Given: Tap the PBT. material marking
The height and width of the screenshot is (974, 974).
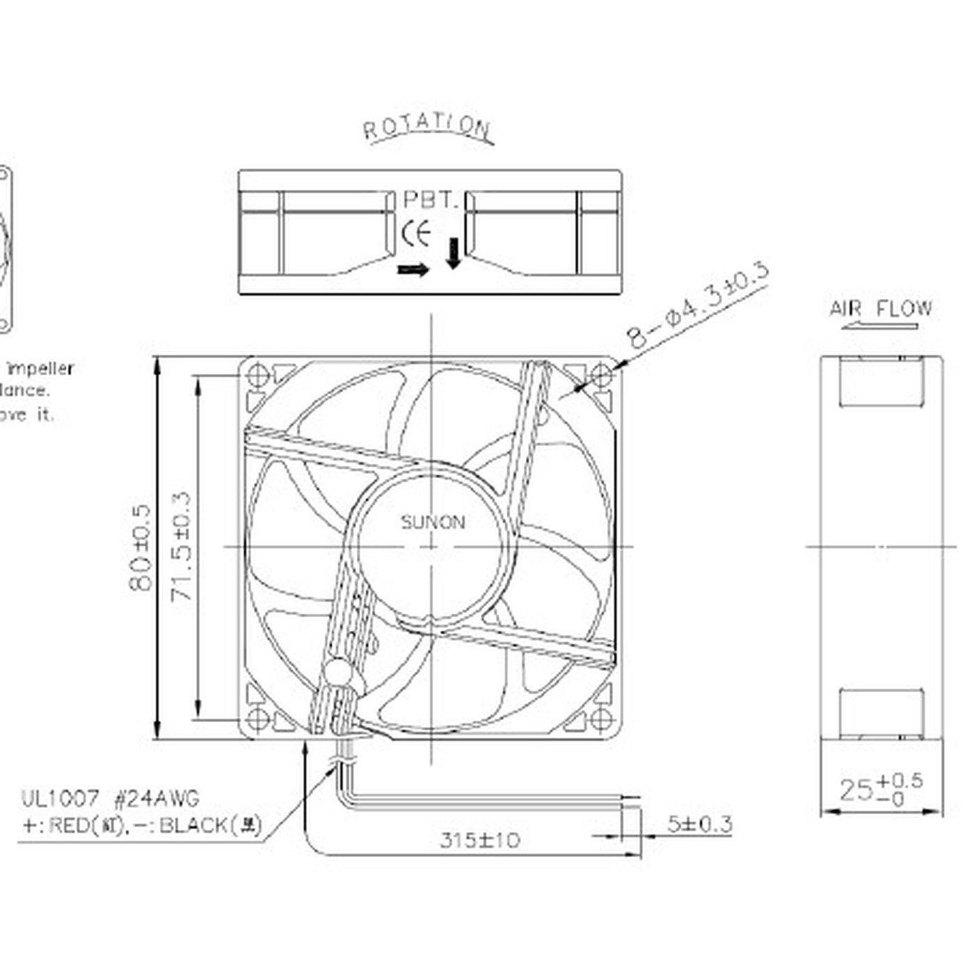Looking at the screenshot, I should click(431, 201).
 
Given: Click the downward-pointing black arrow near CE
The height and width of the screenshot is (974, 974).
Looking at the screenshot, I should click(453, 253).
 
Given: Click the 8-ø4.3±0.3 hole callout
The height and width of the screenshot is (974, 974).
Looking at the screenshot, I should click(698, 306).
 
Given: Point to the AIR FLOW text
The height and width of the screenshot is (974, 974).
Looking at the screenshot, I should click(880, 308).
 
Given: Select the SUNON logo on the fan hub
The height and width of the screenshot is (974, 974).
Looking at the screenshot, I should click(432, 522).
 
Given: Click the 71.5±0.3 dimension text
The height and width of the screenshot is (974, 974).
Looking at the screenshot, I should click(182, 548).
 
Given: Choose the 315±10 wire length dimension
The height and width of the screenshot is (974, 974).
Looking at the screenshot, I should click(479, 840).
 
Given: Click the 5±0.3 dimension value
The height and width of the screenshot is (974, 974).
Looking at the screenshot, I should click(699, 824).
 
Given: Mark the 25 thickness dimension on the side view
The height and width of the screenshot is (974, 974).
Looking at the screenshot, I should click(881, 790).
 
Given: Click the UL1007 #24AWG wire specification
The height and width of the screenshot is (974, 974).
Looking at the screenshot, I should click(110, 798).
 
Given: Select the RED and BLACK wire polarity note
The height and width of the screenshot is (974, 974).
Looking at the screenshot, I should click(143, 826).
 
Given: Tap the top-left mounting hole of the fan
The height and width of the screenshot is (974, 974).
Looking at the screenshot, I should click(257, 376).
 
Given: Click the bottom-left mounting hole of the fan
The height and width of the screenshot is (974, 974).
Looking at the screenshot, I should click(257, 718).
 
